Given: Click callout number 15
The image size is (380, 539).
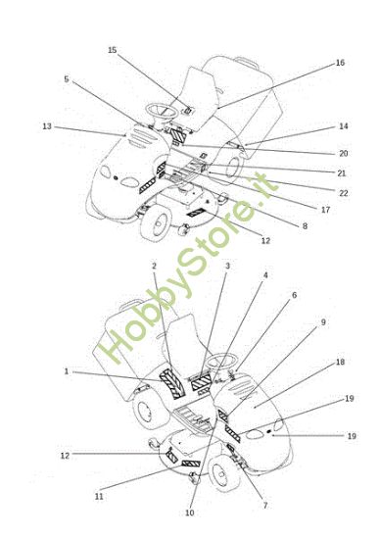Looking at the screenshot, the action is tap(113, 50).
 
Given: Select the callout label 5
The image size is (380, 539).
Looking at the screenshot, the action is tap(67, 79).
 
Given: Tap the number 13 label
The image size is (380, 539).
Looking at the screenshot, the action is tap(47, 126).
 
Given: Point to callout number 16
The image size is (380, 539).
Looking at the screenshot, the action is tap(340, 63).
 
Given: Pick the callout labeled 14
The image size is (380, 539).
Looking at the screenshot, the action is tap(344, 126).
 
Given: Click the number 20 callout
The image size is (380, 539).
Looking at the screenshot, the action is tap(344, 153).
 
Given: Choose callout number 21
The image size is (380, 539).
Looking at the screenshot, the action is tap(342, 173).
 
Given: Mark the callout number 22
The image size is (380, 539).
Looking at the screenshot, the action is tap(344, 193).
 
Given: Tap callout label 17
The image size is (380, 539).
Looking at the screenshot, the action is tap(325, 210).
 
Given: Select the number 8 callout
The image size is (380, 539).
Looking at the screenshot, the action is tap(305, 226).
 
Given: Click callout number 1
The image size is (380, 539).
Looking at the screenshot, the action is tap(67, 371).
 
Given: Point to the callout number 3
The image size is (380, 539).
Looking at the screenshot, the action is tap(227, 266).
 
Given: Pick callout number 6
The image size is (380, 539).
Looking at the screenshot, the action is tap(294, 295).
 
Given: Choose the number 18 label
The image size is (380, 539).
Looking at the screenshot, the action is tap(340, 363).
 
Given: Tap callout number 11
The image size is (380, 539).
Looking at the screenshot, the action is tap(99, 497).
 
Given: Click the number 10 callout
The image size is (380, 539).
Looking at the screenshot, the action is tap(190, 513).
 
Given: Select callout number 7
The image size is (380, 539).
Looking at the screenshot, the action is tap(265, 506).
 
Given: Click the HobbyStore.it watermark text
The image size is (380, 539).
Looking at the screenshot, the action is tap(188, 269).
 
